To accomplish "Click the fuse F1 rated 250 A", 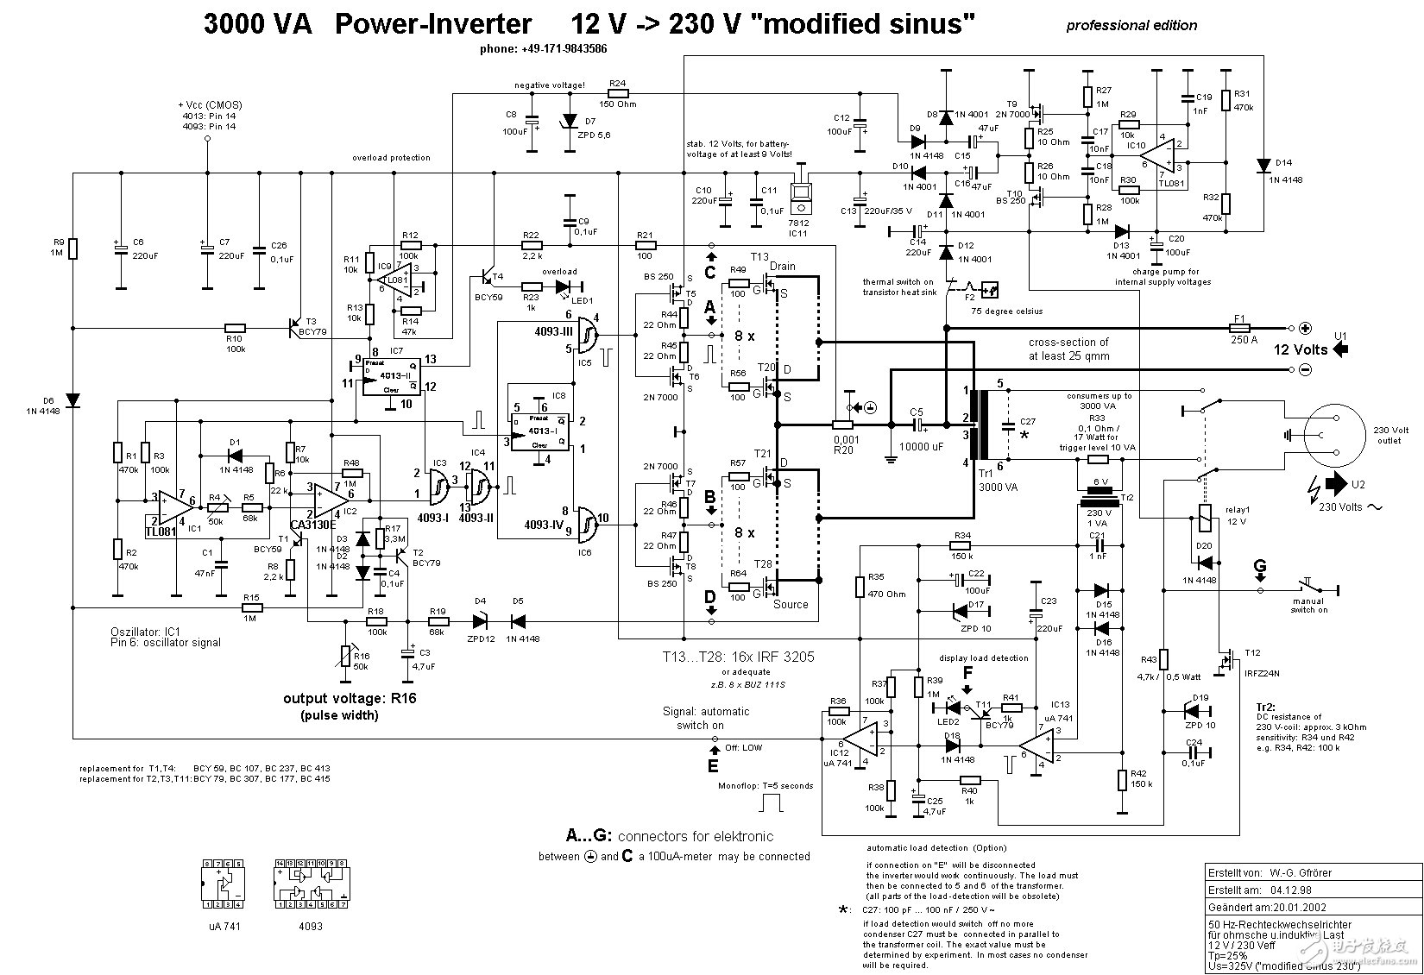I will coord(1239,328).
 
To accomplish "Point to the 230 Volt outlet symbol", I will coord(1333,435).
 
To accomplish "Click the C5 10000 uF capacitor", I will coord(917,425).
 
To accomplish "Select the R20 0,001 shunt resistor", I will coord(842,425).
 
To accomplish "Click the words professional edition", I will coord(1131,25).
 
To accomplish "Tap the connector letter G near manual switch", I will coord(1261,567).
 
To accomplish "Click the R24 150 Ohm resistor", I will coord(617,94).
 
